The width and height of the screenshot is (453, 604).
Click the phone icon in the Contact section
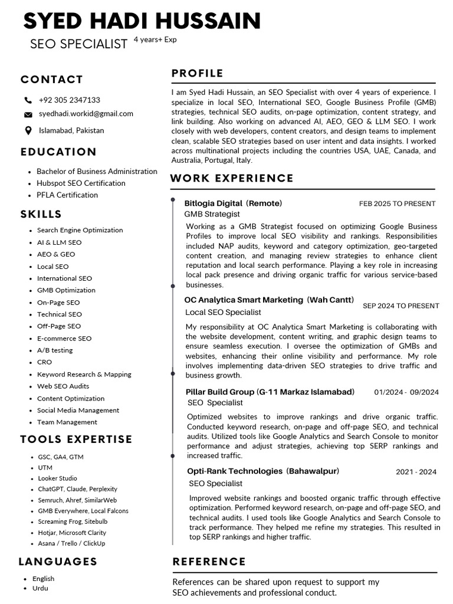tap(28, 100)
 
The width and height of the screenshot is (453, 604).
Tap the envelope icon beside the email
tap(28, 114)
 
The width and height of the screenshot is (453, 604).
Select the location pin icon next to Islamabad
tap(28, 130)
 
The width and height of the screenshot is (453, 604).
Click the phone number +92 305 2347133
tap(69, 100)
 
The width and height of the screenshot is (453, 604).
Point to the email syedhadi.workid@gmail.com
tap(86, 114)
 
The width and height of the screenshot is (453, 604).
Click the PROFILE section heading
tap(197, 74)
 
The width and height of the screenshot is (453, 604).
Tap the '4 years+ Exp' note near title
tap(155, 40)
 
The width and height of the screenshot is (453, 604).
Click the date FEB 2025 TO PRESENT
tap(397, 204)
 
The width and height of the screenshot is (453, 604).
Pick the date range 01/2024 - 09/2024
tap(406, 392)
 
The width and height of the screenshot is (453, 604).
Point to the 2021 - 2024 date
tap(416, 472)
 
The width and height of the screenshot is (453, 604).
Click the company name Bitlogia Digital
tap(213, 203)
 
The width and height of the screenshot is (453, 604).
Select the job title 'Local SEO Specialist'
tap(223, 312)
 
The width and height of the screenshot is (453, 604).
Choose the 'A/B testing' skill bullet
tap(55, 350)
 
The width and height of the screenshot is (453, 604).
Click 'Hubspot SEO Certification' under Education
tap(81, 183)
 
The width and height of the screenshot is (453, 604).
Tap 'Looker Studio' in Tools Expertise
tap(57, 478)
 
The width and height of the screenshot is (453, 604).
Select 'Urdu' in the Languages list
tap(40, 588)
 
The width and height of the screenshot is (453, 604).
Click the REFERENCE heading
tap(209, 562)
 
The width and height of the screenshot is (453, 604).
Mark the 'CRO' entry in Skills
tap(44, 362)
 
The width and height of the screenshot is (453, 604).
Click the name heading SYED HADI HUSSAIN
tap(142, 21)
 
